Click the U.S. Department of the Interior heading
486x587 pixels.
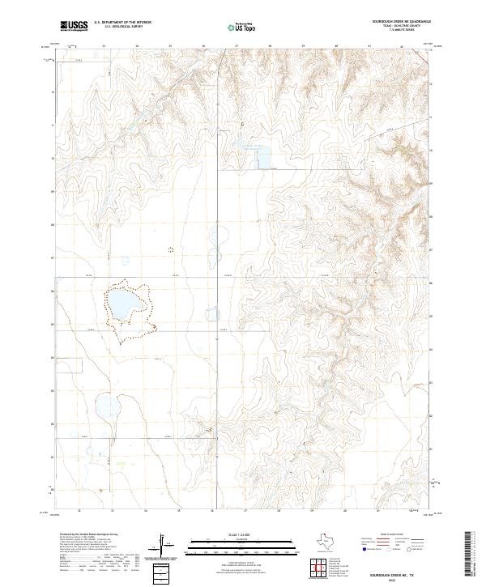click(x=122, y=23)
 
